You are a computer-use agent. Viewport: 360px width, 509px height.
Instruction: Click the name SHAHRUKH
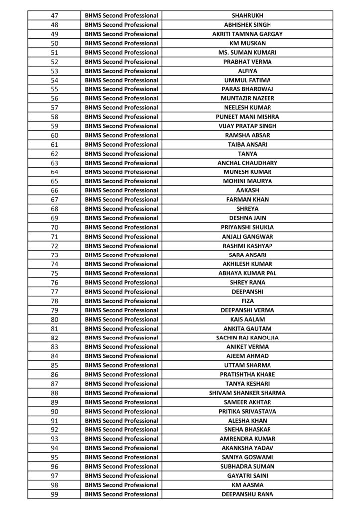tap(247, 15)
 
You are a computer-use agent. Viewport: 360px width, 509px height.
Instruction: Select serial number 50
tap(55, 43)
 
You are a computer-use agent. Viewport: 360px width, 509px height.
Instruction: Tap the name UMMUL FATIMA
tap(247, 80)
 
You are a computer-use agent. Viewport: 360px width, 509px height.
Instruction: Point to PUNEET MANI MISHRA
tap(247, 117)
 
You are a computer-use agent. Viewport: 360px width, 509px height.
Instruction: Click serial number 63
tap(55, 163)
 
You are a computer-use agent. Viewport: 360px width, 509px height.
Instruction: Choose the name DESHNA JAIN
tap(247, 218)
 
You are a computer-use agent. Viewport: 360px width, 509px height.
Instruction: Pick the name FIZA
tap(247, 301)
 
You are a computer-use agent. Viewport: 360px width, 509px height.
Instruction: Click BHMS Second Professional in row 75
tap(121, 273)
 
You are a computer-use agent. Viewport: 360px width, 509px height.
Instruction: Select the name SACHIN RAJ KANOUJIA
tap(247, 338)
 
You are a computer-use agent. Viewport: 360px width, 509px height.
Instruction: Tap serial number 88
tap(55, 393)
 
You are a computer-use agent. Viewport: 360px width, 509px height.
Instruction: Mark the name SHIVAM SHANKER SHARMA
tap(247, 393)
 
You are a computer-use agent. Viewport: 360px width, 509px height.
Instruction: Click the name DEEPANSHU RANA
tap(247, 494)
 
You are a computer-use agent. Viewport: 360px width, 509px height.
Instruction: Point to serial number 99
tap(55, 494)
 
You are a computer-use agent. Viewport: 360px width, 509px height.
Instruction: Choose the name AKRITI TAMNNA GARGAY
tap(247, 34)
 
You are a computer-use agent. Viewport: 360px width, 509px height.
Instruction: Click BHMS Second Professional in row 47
tap(121, 15)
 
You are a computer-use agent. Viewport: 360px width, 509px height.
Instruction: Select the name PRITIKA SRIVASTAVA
tap(247, 411)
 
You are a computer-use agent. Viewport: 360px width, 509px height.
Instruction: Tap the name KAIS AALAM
tap(247, 319)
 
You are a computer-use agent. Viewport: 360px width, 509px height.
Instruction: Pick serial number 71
tap(55, 236)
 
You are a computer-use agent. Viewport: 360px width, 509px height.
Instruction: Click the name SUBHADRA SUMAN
tap(247, 466)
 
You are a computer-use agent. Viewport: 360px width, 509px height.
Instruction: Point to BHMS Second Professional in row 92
tap(121, 429)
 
